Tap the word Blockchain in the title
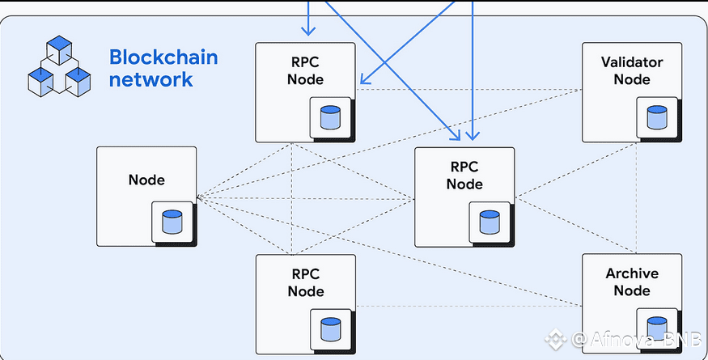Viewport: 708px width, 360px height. coord(163,58)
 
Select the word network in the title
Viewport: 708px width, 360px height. coord(151,79)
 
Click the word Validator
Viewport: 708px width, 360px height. coord(632,62)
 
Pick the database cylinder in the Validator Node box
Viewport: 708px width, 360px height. coord(656,117)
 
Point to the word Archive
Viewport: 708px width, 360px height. coord(632,273)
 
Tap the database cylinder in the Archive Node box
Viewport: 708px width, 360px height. coord(656,328)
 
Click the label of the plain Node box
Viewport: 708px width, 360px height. coord(146,180)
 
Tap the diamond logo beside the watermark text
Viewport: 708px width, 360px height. coord(556,340)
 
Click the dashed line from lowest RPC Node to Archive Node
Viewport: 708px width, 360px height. coord(469,306)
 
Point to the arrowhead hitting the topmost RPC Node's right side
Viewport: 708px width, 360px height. coord(364,80)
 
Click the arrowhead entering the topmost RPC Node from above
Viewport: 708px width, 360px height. coord(307,32)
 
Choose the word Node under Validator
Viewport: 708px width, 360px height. coord(632,79)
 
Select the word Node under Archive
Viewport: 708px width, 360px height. coord(632,290)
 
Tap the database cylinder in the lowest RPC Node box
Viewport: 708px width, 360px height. coord(329,328)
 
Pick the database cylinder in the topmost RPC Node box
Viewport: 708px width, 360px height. coord(329,117)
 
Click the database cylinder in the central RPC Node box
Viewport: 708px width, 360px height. coord(488,222)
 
